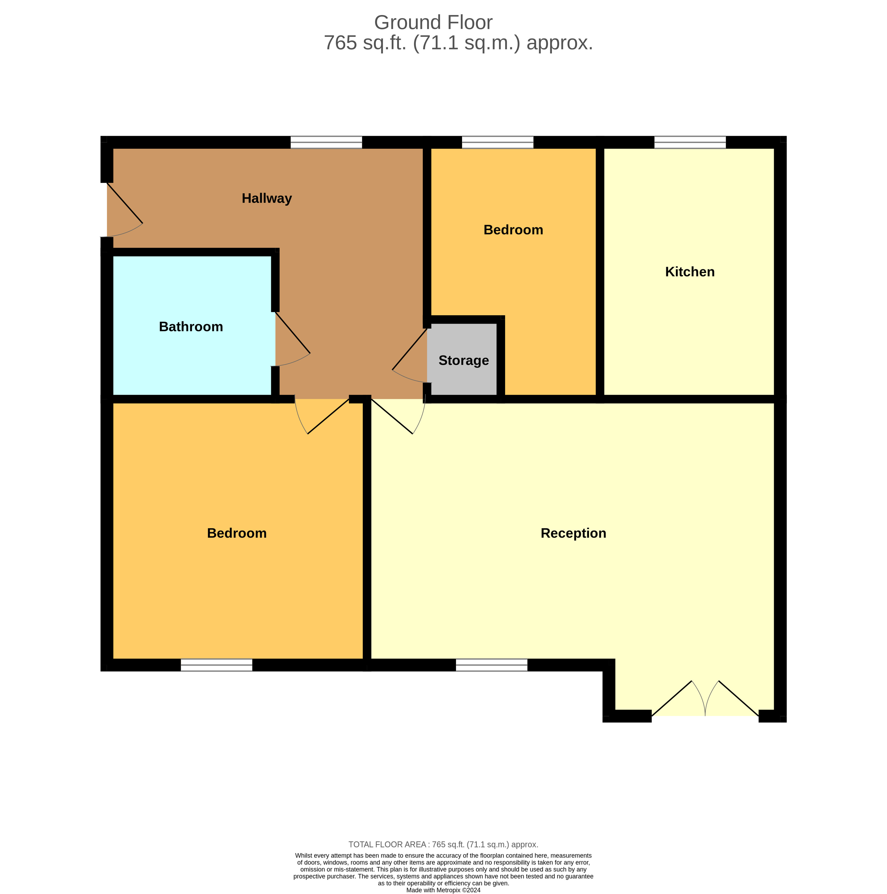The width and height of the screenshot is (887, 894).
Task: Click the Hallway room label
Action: click(267, 199)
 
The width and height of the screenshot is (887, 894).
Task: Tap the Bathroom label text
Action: click(191, 327)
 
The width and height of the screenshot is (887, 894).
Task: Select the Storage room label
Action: click(463, 360)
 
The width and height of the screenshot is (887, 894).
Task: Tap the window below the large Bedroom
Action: click(216, 665)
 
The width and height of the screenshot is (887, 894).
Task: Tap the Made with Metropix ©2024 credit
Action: click(443, 890)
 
